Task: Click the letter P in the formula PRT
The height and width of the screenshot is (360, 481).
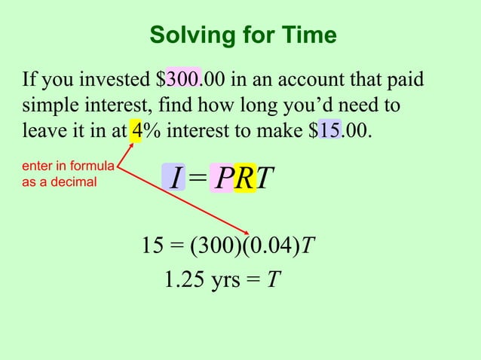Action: pos(223,178)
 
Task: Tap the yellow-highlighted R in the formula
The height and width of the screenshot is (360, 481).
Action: pos(244,178)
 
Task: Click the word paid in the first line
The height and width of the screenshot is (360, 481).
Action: pos(404,79)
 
